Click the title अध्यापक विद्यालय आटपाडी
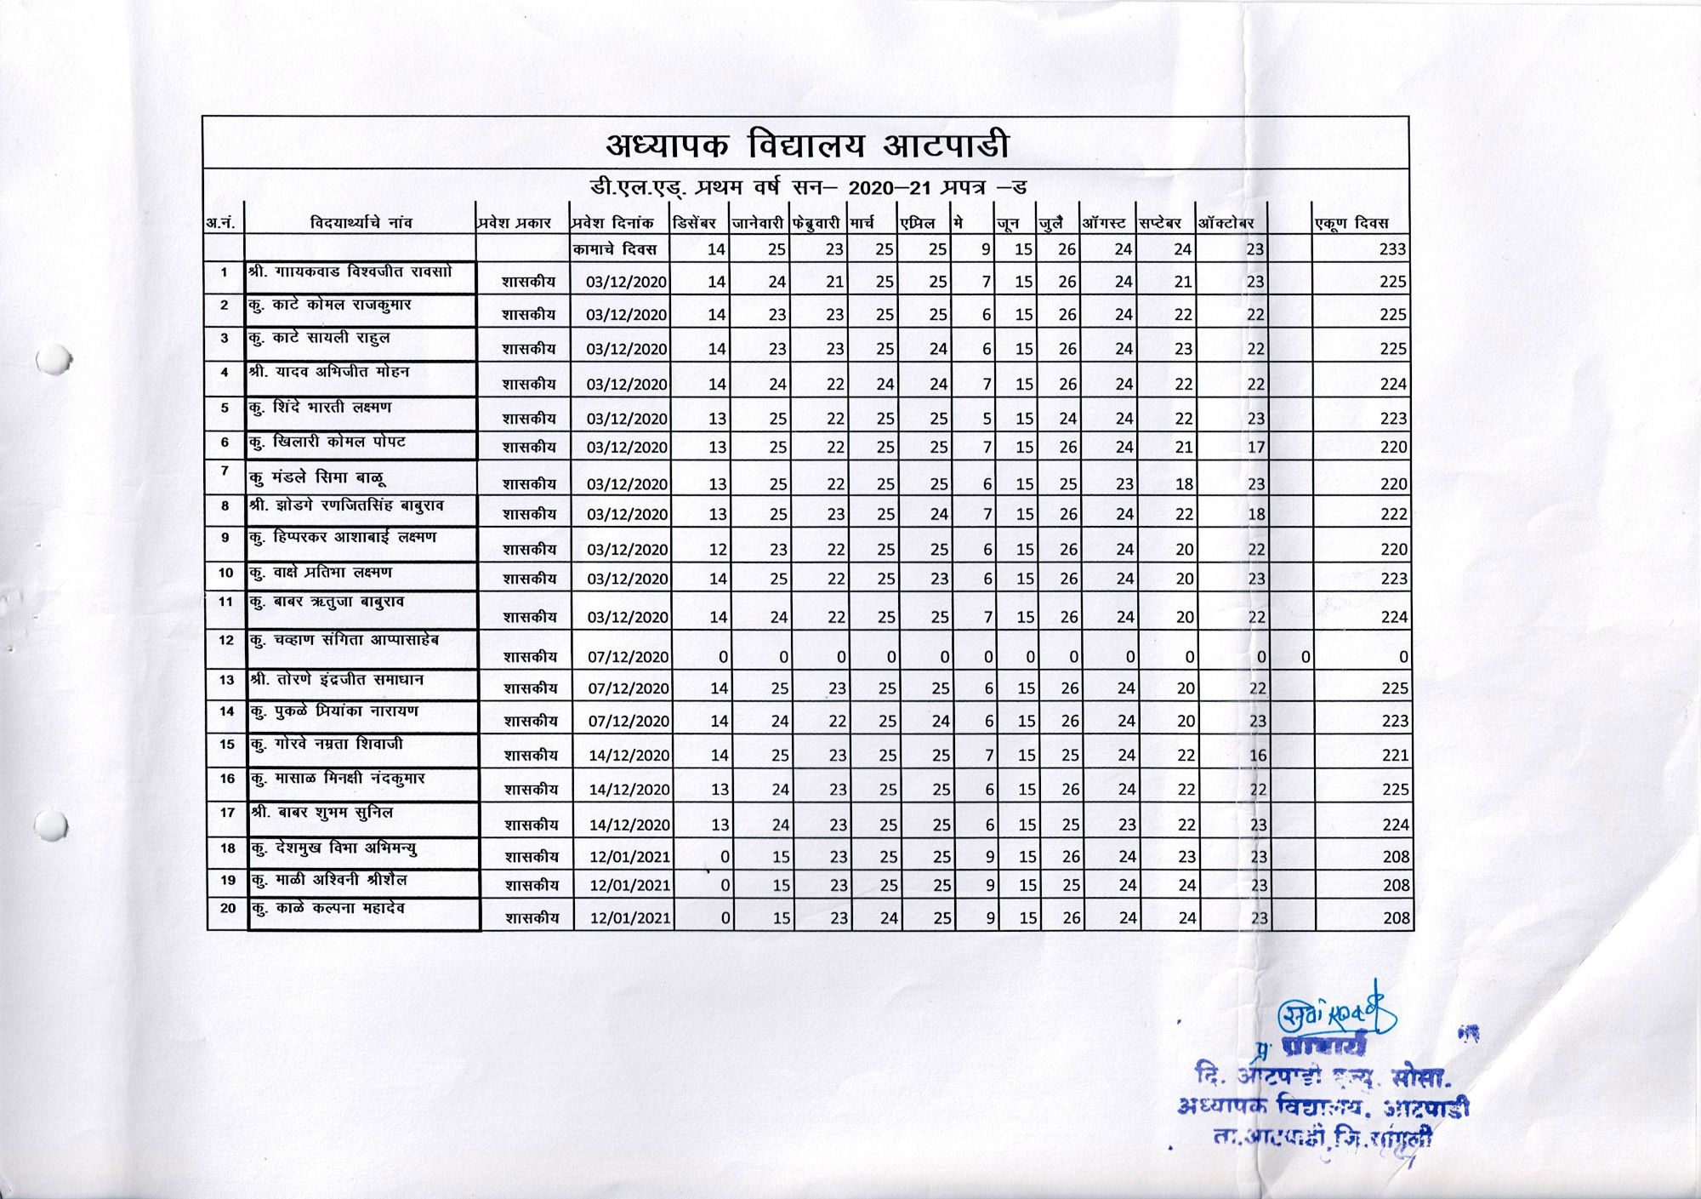(x=807, y=145)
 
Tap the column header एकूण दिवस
(x=1351, y=223)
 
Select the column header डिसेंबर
(x=694, y=223)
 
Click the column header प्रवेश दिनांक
(x=612, y=223)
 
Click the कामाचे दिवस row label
(x=615, y=249)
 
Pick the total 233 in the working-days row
(x=1393, y=249)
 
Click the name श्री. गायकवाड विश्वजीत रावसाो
(x=350, y=272)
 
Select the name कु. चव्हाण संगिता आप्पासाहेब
(x=344, y=640)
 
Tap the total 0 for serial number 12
(x=1403, y=657)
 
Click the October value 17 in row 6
(x=1256, y=448)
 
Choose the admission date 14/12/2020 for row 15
(x=629, y=756)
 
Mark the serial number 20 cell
(x=228, y=908)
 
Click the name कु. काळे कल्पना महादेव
(x=327, y=909)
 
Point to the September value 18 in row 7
(x=1184, y=484)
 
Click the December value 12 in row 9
(x=718, y=550)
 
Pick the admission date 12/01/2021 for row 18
(x=630, y=857)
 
